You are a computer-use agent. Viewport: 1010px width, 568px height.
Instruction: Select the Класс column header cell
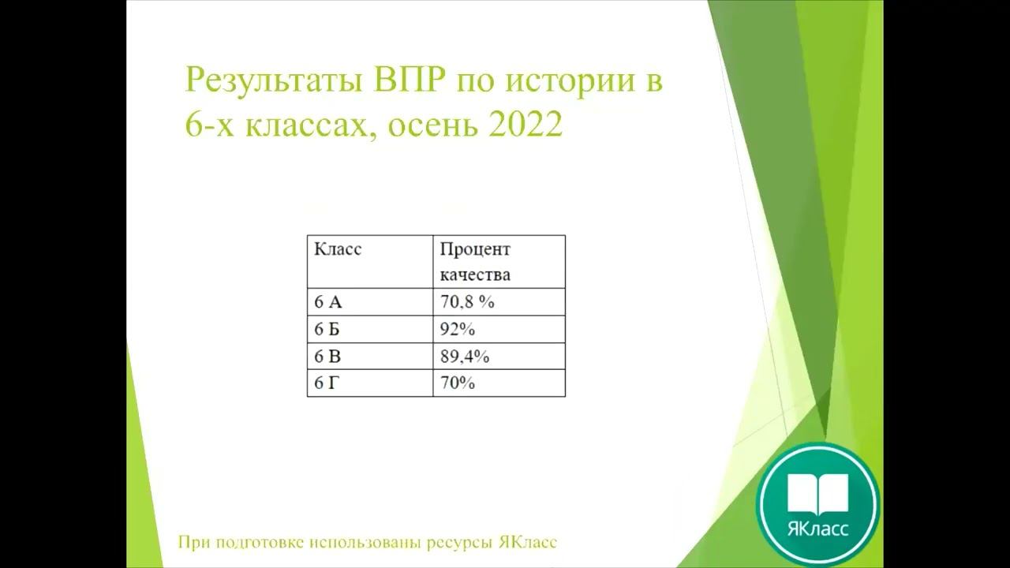[x=338, y=249]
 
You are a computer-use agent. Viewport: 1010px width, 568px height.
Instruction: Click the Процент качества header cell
[x=475, y=262]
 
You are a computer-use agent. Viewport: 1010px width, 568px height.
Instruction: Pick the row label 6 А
[x=328, y=302]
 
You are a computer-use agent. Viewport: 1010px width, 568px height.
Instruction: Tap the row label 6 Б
[x=327, y=330]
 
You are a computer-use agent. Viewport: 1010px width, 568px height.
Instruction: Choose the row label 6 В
[x=327, y=357]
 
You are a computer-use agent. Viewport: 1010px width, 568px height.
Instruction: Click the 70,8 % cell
[x=466, y=302]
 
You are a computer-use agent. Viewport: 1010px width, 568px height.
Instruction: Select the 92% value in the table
[x=457, y=330]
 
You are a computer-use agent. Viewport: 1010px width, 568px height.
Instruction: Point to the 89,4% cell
[x=465, y=357]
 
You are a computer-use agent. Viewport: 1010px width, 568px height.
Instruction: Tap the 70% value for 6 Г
[x=457, y=383]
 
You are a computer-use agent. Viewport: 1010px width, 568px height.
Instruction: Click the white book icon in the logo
[x=817, y=492]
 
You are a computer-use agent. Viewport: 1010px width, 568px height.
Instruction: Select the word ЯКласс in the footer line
[x=528, y=543]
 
